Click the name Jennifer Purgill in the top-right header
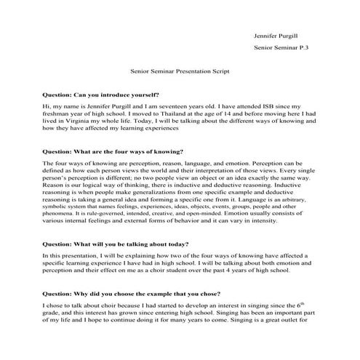coord(279,34)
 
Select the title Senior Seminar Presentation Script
coord(180,73)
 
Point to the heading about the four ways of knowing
coord(113,151)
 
